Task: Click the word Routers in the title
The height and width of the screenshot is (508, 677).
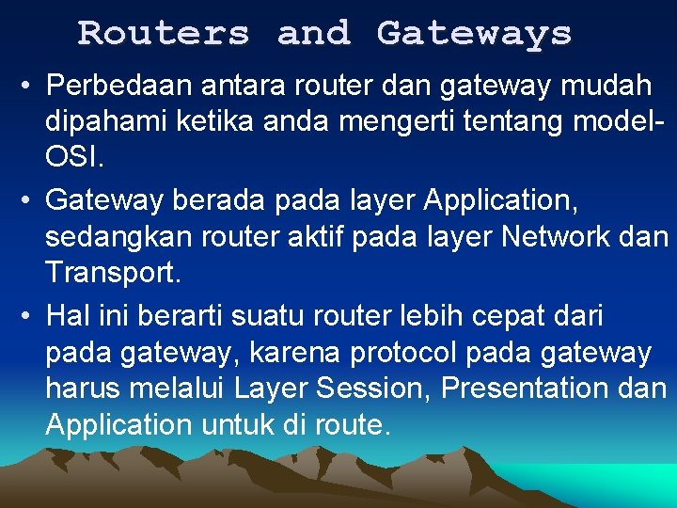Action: tap(164, 34)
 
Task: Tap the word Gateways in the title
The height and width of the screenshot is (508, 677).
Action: tap(474, 34)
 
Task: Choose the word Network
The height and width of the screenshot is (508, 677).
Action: tap(560, 236)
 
